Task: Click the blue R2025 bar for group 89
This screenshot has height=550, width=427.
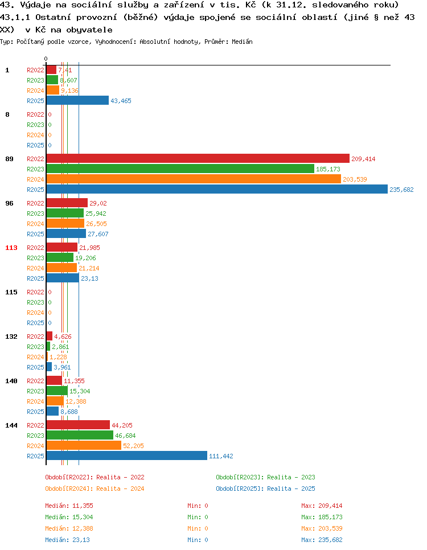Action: click(x=217, y=190)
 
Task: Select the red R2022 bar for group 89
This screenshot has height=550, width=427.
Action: click(x=198, y=158)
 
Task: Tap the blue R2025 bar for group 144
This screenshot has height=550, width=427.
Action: click(x=126, y=455)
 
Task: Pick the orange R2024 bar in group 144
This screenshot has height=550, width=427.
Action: click(x=84, y=445)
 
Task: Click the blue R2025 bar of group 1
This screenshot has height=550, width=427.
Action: click(x=77, y=100)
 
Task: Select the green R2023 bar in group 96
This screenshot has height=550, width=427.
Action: click(x=65, y=214)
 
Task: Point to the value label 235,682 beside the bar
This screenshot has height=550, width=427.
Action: click(x=401, y=190)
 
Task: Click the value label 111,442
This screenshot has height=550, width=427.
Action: click(x=221, y=456)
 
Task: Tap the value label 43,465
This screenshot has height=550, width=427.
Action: click(x=121, y=101)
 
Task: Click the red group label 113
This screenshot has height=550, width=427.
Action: click(x=11, y=248)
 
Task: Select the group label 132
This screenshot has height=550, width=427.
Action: click(x=11, y=336)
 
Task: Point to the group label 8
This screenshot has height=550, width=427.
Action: click(x=7, y=114)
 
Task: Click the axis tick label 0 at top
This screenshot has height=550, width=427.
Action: click(x=46, y=59)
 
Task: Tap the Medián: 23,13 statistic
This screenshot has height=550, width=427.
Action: click(x=67, y=540)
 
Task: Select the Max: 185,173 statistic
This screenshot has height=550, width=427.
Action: click(x=322, y=517)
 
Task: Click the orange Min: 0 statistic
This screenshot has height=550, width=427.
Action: click(x=198, y=528)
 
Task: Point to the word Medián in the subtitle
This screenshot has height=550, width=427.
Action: click(x=242, y=42)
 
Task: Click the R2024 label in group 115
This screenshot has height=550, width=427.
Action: click(x=35, y=313)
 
